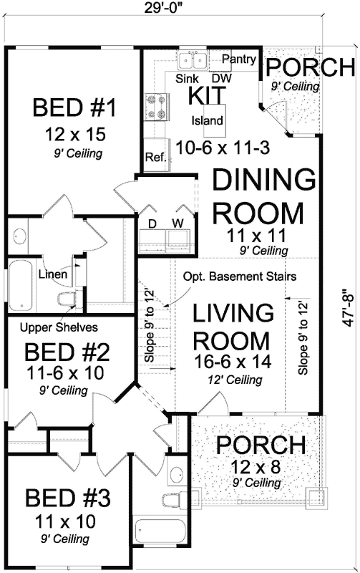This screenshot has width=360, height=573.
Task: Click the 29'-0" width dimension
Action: click(163, 6)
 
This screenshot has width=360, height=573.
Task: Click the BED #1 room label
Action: click(74, 107)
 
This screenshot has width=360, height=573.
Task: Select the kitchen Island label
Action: click(208, 120)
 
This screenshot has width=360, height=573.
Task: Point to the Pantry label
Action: click(239, 59)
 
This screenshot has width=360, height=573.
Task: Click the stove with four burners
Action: click(157, 107)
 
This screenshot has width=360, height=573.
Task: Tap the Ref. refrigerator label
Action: click(156, 157)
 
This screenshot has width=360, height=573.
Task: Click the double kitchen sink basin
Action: click(193, 59)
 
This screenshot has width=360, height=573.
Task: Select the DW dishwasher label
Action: click(222, 78)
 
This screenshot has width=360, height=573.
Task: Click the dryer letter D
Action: click(152, 223)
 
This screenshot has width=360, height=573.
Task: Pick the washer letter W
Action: click(178, 223)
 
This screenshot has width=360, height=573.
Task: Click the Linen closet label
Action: click(53, 274)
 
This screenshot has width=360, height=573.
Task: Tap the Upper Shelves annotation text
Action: click(59, 327)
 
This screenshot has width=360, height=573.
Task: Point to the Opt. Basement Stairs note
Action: click(240, 276)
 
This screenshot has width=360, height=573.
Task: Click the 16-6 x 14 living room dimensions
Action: click(233, 362)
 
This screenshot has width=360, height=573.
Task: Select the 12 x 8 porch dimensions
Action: click(256, 467)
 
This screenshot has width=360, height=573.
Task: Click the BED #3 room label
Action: click(68, 498)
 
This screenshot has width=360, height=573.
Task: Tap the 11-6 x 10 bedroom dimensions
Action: click(65, 373)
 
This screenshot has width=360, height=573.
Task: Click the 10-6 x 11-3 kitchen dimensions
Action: click(223, 148)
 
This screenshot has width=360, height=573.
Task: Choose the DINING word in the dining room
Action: click(264, 180)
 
